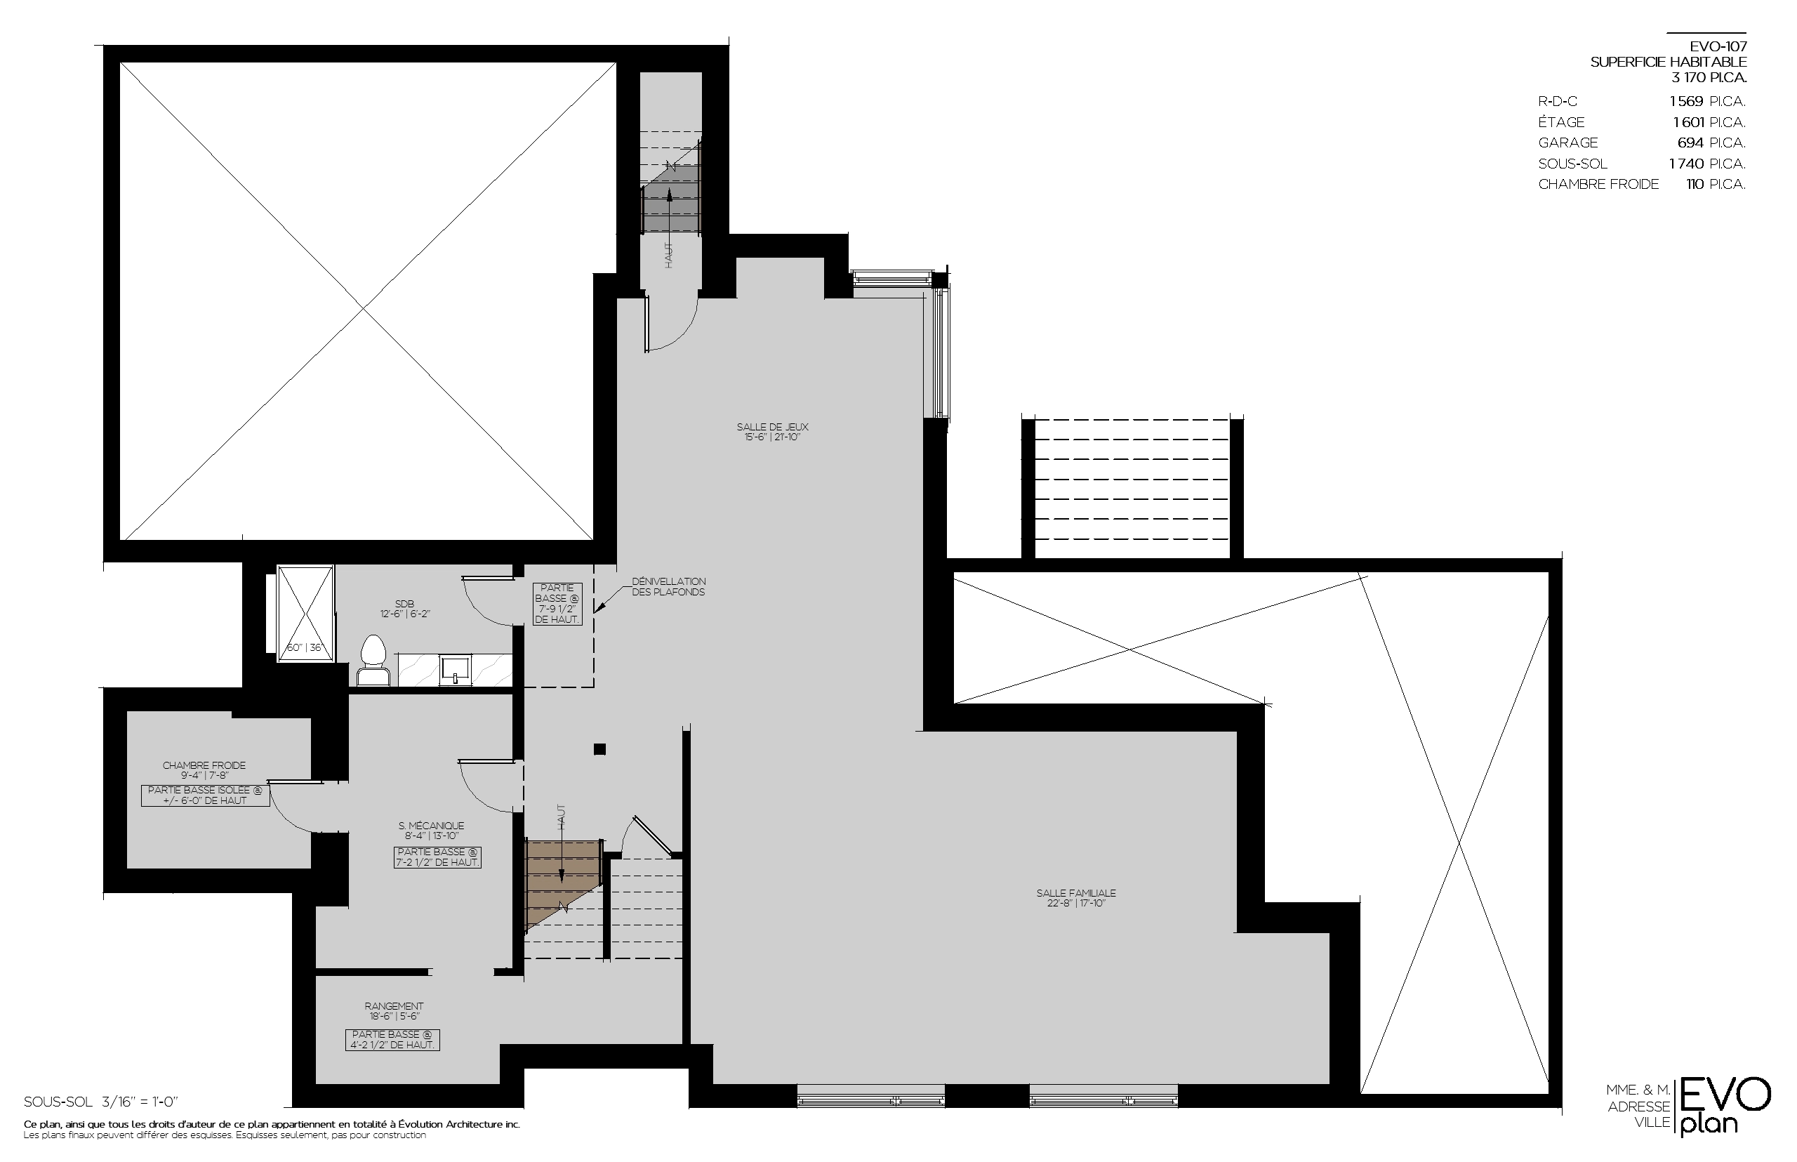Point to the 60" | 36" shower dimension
coord(304,647)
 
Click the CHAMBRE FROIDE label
coord(204,765)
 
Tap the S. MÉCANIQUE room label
coord(431,826)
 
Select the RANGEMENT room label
coord(394,1006)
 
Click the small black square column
coord(599,749)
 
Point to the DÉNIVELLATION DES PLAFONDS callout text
coord(668,586)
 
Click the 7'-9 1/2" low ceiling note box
coord(557,604)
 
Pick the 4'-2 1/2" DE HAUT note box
coord(392,1040)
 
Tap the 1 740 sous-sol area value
coord(1687,164)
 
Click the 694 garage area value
coord(1690,143)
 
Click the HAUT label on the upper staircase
coord(668,255)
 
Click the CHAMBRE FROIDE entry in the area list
coord(1598,184)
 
